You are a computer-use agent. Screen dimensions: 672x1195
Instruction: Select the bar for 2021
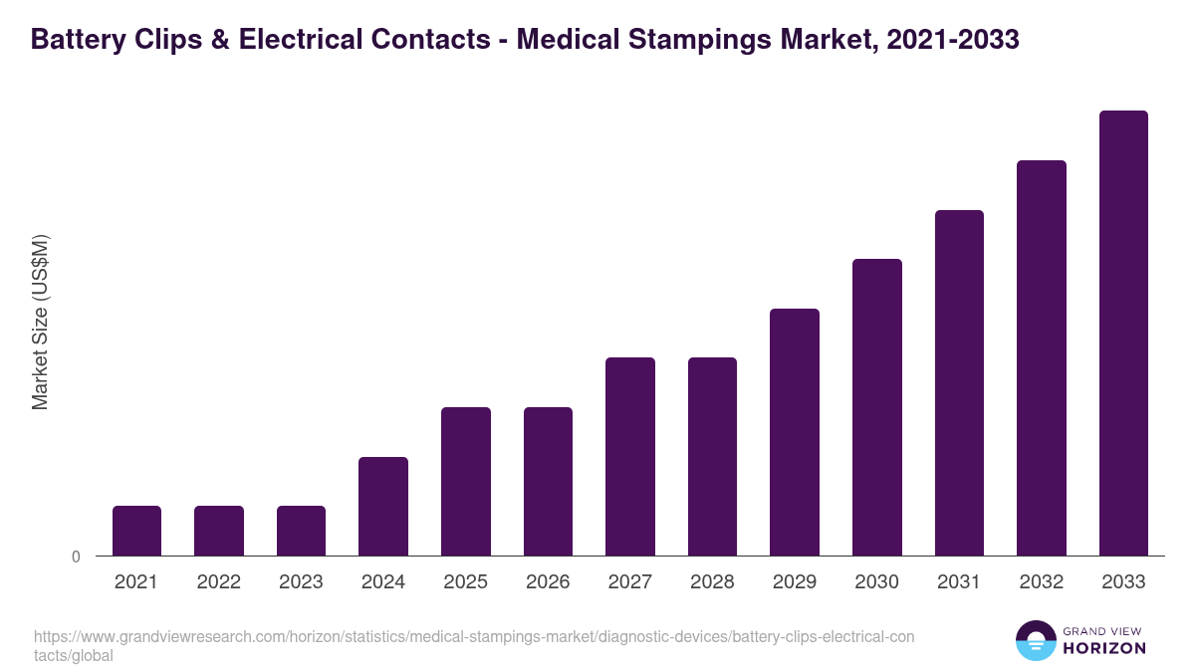tap(136, 531)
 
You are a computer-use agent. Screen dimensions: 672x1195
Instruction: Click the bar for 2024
tap(383, 506)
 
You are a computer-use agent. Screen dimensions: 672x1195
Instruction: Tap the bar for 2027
tap(630, 456)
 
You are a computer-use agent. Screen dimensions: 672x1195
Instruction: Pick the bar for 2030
tap(877, 407)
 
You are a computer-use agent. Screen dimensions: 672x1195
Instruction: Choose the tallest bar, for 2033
tap(1123, 333)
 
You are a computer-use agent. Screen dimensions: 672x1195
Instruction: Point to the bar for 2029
tap(795, 432)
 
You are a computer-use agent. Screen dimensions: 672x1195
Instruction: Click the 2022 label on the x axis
tap(219, 582)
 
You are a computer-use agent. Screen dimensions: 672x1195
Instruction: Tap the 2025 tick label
tap(466, 582)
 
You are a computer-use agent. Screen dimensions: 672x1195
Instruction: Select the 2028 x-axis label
tap(713, 582)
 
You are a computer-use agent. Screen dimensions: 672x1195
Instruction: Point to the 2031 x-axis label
tap(959, 582)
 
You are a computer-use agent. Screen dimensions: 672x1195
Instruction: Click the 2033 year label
tap(1123, 582)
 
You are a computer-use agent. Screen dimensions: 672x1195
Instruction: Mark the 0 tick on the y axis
tap(76, 557)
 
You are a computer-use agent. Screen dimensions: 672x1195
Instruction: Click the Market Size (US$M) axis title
tap(40, 323)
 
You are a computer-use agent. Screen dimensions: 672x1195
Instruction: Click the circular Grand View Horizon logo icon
tap(1036, 640)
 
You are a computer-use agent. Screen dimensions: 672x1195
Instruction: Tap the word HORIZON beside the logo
tap(1105, 648)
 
